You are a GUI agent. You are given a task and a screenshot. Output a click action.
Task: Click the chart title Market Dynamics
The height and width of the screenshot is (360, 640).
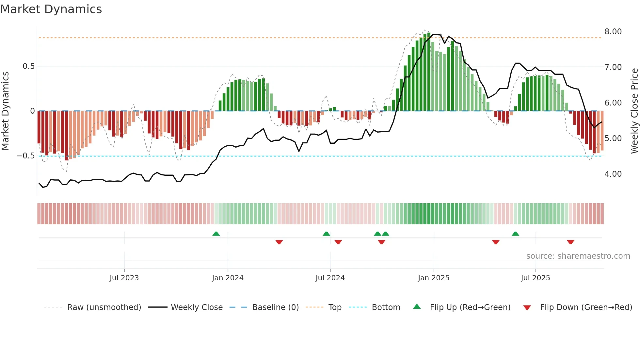[x=51, y=9]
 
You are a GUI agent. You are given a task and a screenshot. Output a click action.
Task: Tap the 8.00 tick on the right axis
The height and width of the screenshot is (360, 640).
[x=613, y=32]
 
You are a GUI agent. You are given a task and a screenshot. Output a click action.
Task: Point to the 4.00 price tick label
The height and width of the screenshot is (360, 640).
[x=613, y=174]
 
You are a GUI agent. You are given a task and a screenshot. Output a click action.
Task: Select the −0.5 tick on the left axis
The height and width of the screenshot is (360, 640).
[x=26, y=156]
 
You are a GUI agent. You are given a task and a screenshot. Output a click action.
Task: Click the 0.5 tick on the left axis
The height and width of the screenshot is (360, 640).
[x=28, y=66]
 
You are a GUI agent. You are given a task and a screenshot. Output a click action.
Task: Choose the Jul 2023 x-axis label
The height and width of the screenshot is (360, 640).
[x=124, y=278]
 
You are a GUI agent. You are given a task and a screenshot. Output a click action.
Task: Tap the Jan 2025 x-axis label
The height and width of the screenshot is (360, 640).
[x=434, y=278]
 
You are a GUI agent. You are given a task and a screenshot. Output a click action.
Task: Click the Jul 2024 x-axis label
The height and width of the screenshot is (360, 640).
[x=330, y=278]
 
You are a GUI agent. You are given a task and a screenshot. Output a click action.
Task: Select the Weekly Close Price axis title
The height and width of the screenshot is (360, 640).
[x=634, y=111]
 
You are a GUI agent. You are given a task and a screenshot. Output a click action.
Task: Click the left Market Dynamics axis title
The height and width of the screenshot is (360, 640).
[x=5, y=111]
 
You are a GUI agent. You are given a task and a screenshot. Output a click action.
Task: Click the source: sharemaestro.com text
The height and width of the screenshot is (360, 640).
[x=578, y=256]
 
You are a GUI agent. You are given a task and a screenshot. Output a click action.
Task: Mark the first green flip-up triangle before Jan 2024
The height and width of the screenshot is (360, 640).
[x=216, y=234]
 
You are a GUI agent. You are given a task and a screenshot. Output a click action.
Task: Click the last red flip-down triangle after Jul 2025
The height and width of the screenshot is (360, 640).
[x=570, y=242]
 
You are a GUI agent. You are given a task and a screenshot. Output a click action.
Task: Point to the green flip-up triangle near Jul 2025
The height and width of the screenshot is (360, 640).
[x=515, y=234]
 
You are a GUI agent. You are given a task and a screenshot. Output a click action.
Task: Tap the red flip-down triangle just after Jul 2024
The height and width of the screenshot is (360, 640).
[x=338, y=242]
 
